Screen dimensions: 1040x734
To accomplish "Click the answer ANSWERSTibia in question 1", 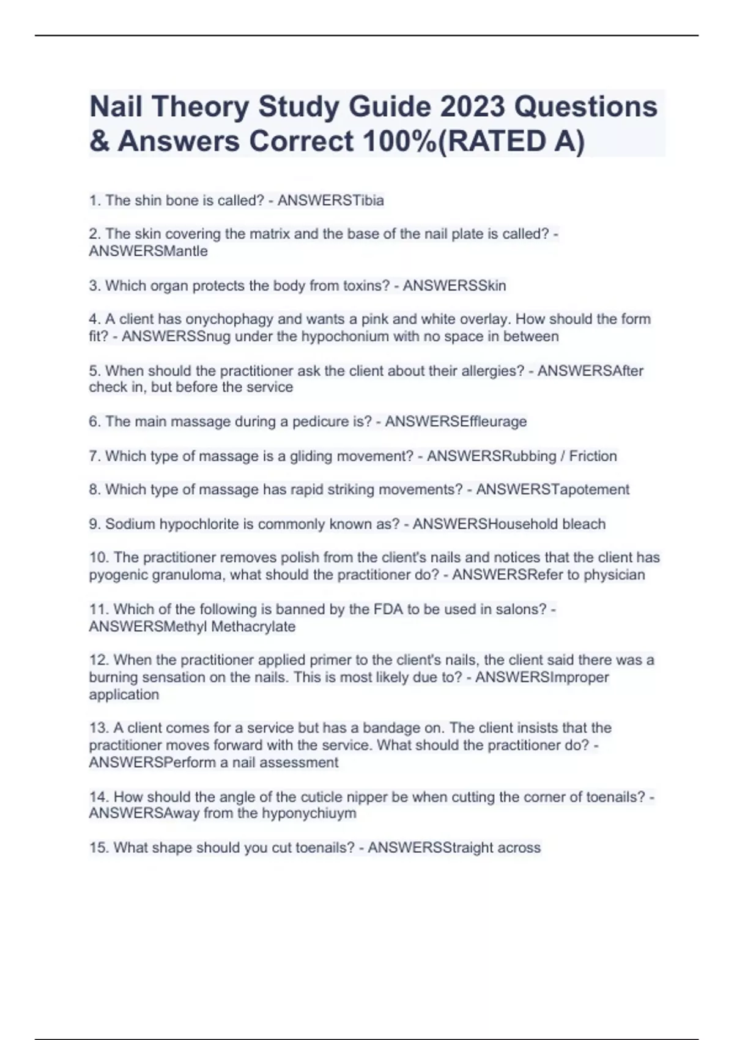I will pyautogui.click(x=330, y=201).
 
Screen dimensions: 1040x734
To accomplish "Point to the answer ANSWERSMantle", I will pyautogui.click(x=148, y=251).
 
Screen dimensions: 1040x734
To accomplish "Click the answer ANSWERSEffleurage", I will pyautogui.click(x=456, y=422).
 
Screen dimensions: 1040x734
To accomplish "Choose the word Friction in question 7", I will pyautogui.click(x=593, y=456).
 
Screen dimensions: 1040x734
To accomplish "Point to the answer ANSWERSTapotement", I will pyautogui.click(x=552, y=489).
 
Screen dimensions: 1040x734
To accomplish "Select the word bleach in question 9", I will pyautogui.click(x=584, y=524).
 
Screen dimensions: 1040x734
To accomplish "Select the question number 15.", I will pyautogui.click(x=98, y=848).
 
